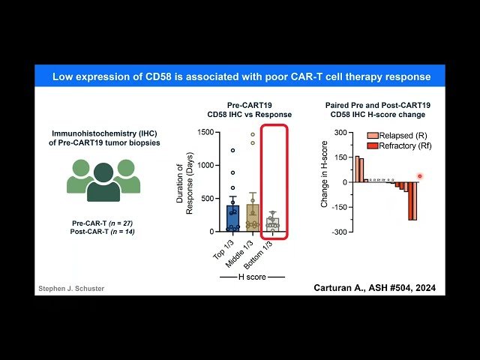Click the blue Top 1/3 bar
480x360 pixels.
coord(233,217)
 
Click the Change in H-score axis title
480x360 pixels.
coord(324,182)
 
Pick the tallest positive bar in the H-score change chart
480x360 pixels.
coord(357,169)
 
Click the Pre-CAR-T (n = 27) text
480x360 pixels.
coord(103,223)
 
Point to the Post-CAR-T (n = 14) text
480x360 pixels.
coord(103,233)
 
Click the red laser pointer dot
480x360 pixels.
coord(420,176)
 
